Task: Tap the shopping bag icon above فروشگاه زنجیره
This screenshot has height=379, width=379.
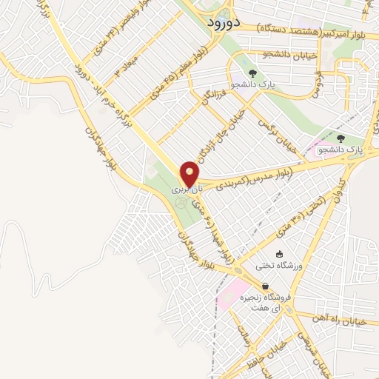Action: [265, 286]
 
